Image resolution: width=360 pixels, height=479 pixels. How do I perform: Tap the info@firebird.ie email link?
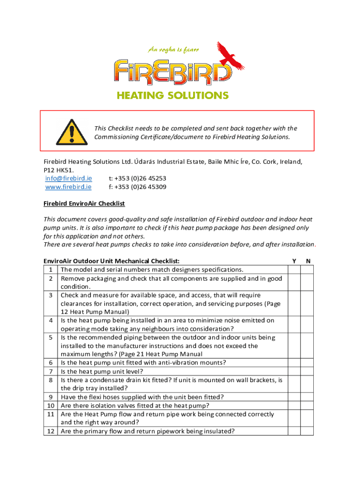tap(68, 178)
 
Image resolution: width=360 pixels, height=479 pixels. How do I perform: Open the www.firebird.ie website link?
tap(68, 187)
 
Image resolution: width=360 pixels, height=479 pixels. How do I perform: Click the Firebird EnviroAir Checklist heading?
tap(84, 204)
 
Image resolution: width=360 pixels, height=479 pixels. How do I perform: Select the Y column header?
tap(294, 261)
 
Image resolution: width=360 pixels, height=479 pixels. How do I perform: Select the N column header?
tap(307, 261)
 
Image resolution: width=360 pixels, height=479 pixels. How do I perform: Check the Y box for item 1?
tap(294, 269)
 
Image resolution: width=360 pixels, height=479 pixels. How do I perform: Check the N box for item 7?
tap(307, 371)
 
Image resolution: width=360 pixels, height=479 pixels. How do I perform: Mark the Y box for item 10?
tap(294, 406)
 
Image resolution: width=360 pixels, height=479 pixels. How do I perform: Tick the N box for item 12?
tap(307, 431)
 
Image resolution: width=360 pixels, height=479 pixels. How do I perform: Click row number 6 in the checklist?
tap(50, 363)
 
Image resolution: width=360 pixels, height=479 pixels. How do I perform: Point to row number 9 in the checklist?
tap(50, 397)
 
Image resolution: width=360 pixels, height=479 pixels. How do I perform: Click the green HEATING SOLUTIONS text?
tap(173, 95)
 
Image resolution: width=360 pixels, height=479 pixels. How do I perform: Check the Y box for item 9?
tap(294, 397)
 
